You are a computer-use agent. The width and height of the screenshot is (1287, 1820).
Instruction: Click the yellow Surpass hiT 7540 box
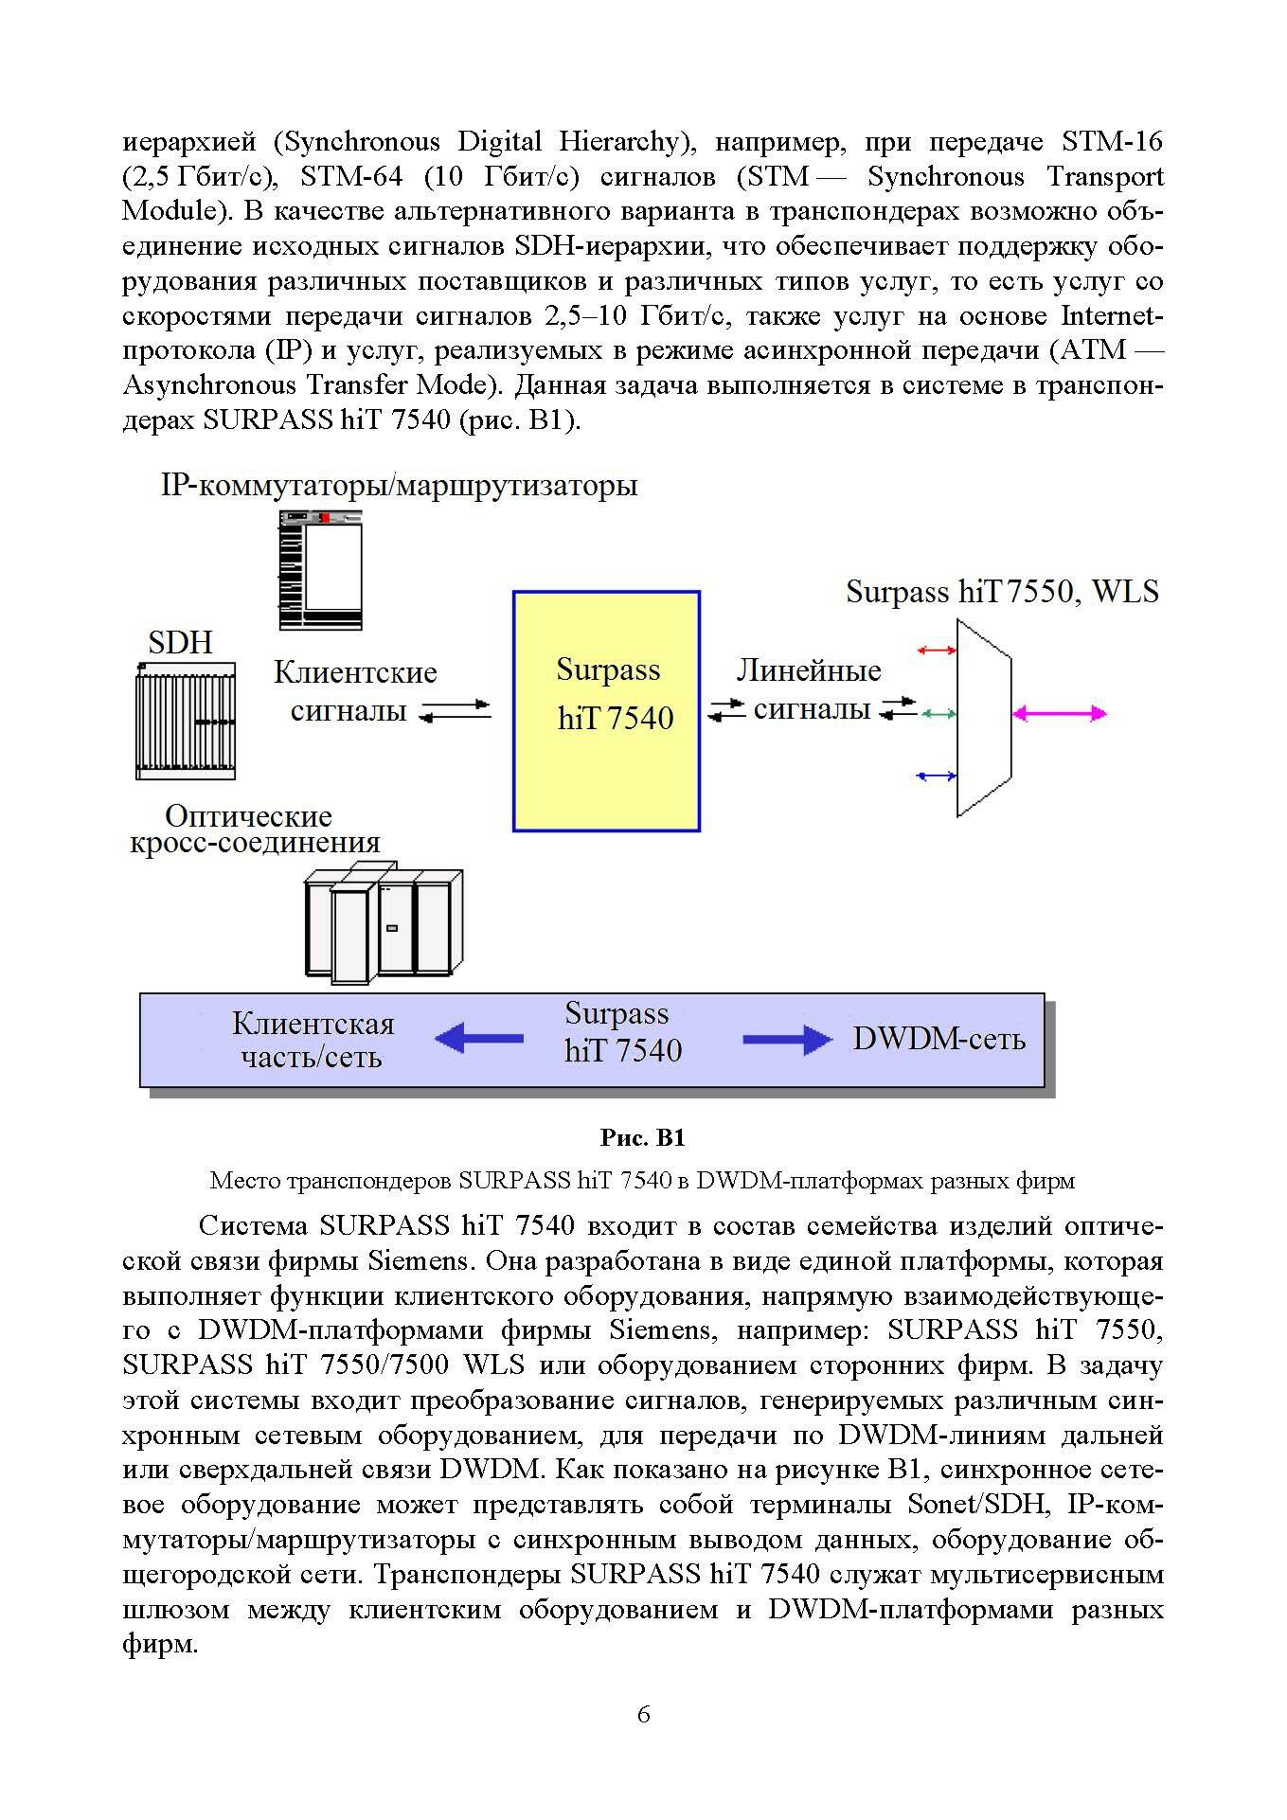click(x=606, y=710)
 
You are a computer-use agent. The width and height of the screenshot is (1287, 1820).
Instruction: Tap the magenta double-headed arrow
click(x=1060, y=713)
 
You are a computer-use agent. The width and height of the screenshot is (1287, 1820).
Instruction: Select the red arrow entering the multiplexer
click(x=938, y=650)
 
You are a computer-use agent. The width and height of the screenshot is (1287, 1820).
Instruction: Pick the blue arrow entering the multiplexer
click(x=938, y=776)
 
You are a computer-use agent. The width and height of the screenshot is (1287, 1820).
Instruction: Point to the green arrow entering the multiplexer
click(x=938, y=713)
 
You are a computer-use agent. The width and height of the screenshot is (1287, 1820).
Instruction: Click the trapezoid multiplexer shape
click(x=984, y=717)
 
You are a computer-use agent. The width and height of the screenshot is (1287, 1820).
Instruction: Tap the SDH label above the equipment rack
click(x=181, y=644)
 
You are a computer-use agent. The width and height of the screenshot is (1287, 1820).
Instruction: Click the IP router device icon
click(x=320, y=569)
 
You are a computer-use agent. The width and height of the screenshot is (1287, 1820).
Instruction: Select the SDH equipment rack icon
click(x=186, y=721)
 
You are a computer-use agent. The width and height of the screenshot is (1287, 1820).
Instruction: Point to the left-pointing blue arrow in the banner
click(x=479, y=1039)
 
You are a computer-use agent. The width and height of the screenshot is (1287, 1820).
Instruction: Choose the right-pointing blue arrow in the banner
click(x=787, y=1040)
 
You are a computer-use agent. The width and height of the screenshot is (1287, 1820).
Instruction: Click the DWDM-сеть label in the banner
click(x=938, y=1039)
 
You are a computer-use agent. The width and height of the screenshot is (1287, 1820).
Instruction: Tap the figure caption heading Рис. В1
click(x=643, y=1136)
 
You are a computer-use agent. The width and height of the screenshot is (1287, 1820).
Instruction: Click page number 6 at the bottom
click(x=644, y=1740)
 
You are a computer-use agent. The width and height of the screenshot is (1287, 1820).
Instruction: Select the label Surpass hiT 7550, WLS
click(x=1002, y=592)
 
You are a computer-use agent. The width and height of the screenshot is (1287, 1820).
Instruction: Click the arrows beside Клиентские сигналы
click(x=456, y=711)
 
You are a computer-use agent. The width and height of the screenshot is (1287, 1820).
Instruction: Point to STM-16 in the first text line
click(x=1112, y=142)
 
